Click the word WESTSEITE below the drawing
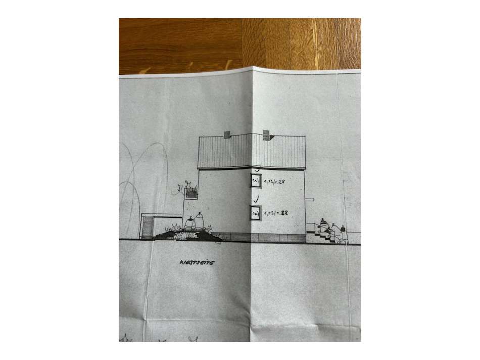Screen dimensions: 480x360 coord(197,263)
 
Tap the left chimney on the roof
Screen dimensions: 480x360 coord(227,134)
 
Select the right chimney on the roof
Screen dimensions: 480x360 coord(266,134)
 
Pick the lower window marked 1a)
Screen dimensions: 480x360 coord(255,213)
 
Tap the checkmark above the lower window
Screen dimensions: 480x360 coord(258,198)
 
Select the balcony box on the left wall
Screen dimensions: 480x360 coord(191,193)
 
